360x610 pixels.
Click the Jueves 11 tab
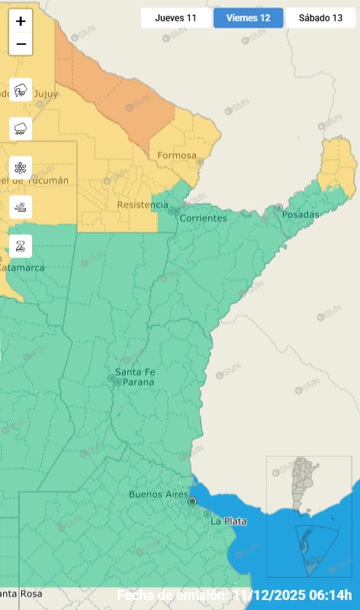coord(175,18)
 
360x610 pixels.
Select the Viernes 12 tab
coord(248,18)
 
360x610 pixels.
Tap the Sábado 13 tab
coord(320,18)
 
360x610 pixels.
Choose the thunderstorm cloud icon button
coord(21,89)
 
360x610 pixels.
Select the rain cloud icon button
coord(21,128)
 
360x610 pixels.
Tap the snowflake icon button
coord(21,167)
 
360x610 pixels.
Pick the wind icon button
coord(21,206)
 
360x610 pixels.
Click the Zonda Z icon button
coord(21,245)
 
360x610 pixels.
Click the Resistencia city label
coord(143,205)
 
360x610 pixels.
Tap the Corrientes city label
coord(203,218)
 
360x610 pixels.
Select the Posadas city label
coord(300,215)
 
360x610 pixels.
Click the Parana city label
coord(138,381)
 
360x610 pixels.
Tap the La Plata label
coord(228,522)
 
